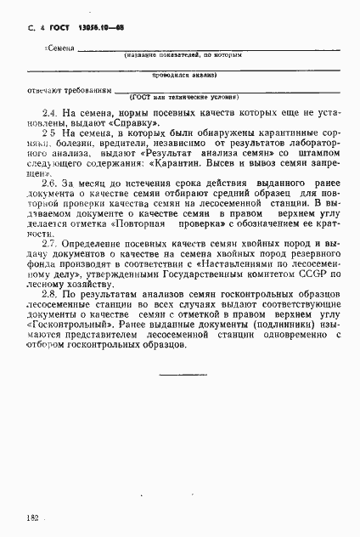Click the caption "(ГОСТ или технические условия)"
[x=183, y=99]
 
